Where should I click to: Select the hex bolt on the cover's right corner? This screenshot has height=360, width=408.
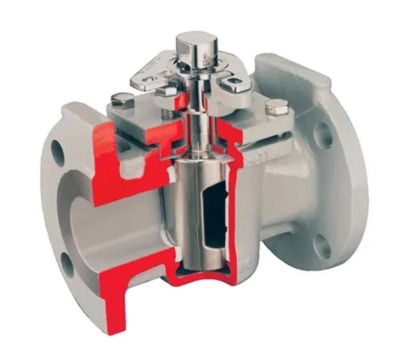coord(277,107)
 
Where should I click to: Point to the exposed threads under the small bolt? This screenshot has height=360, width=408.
coord(169,114)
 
